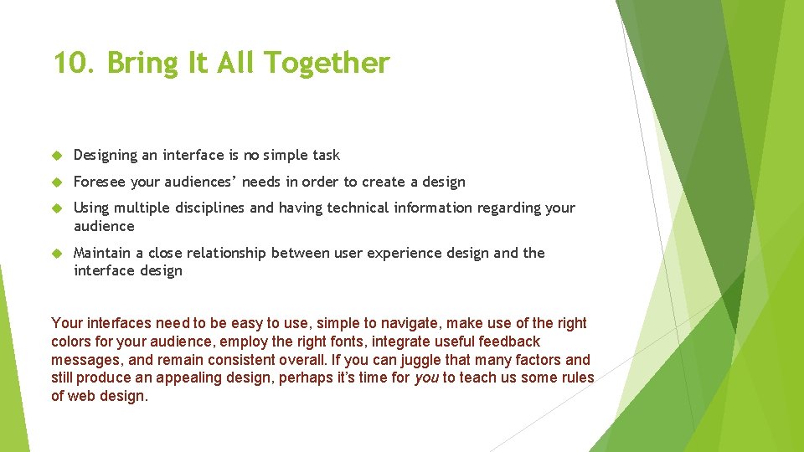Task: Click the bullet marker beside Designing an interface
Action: pos(58,156)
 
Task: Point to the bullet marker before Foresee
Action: pos(58,182)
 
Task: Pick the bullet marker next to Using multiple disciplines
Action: pos(58,208)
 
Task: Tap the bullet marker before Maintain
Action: pos(58,254)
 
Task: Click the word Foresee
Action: pos(99,182)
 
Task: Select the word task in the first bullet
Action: pos(326,155)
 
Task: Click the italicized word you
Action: pos(426,378)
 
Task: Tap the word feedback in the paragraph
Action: pos(509,342)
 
